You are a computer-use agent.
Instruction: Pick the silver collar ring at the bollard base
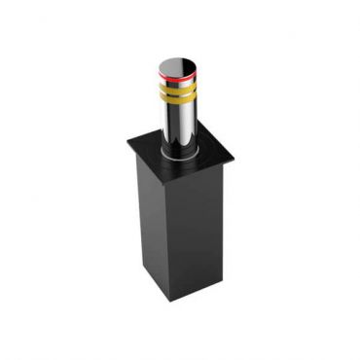coord(178,153)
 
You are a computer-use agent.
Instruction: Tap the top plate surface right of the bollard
coord(212,151)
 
